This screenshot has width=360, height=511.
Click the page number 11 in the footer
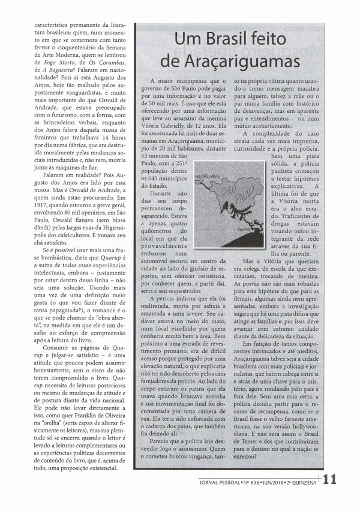pos(331,479)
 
